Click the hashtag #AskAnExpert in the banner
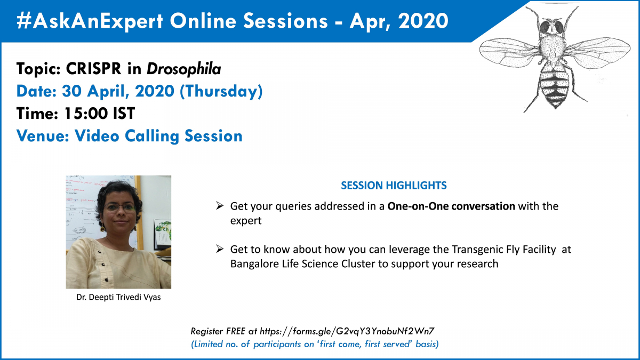click(x=90, y=21)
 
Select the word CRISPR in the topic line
click(x=93, y=69)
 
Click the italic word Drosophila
click(x=183, y=69)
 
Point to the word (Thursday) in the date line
click(x=221, y=91)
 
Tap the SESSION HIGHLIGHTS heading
click(x=394, y=186)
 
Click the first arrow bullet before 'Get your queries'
click(x=219, y=205)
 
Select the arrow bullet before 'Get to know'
click(x=219, y=249)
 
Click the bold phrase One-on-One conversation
click(x=451, y=206)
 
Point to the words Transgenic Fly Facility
click(x=503, y=250)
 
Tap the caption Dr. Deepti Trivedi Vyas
click(x=118, y=297)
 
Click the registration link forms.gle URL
click(x=347, y=331)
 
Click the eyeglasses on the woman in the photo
click(x=119, y=207)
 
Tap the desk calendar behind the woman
click(x=163, y=234)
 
